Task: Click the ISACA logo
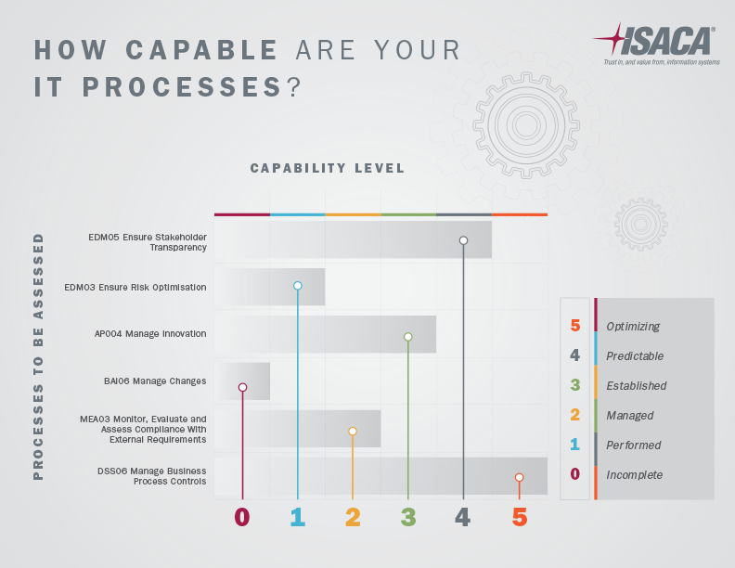pyautogui.click(x=656, y=44)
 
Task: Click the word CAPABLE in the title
pyautogui.click(x=201, y=50)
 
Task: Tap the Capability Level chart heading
pyautogui.click(x=328, y=168)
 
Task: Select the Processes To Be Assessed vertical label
pyautogui.click(x=38, y=356)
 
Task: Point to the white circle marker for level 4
pyautogui.click(x=463, y=240)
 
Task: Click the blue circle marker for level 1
pyautogui.click(x=297, y=286)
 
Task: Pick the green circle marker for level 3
pyautogui.click(x=407, y=337)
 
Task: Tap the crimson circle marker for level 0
pyautogui.click(x=242, y=387)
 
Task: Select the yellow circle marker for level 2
pyautogui.click(x=353, y=432)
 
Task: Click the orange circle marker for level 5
pyautogui.click(x=519, y=478)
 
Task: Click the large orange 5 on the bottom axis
pyautogui.click(x=520, y=517)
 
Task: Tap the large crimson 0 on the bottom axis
pyautogui.click(x=242, y=517)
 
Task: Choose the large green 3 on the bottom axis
pyautogui.click(x=408, y=517)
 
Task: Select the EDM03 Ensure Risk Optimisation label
pyautogui.click(x=135, y=288)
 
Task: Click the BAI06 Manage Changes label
pyautogui.click(x=155, y=381)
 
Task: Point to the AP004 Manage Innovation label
pyautogui.click(x=150, y=334)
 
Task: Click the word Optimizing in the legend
pyautogui.click(x=633, y=327)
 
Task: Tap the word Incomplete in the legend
pyautogui.click(x=634, y=475)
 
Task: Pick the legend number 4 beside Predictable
pyautogui.click(x=574, y=355)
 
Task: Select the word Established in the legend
pyautogui.click(x=636, y=386)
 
